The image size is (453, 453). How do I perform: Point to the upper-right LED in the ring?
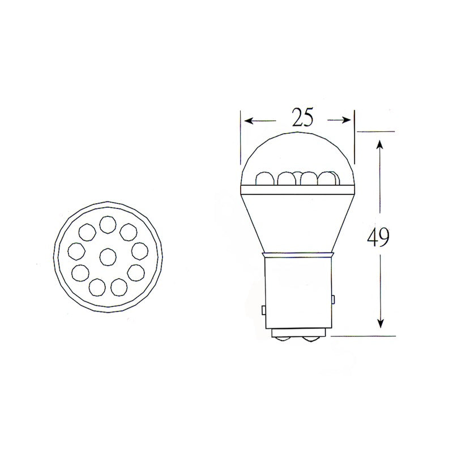(x=128, y=231)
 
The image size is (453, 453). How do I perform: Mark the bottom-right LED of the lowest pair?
(x=119, y=286)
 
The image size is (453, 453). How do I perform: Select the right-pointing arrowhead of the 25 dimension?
(x=347, y=119)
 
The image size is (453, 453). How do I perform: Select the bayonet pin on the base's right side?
(x=333, y=298)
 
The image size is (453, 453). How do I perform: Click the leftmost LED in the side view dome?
(x=264, y=178)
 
